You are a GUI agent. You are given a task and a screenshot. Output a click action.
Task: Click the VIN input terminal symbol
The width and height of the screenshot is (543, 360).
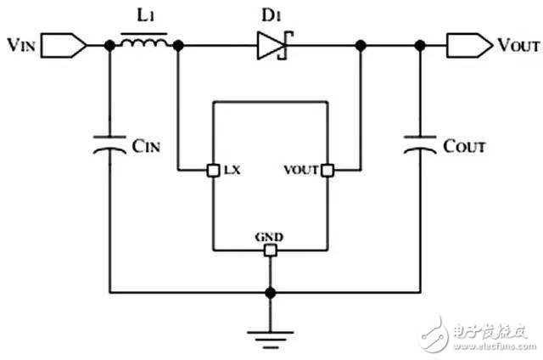point(64,45)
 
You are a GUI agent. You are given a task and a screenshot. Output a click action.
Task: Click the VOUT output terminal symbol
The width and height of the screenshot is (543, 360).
point(469,45)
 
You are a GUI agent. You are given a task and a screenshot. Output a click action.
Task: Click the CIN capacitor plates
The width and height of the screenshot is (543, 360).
point(109,145)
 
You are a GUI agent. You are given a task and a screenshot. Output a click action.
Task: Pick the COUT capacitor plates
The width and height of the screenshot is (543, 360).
point(420,145)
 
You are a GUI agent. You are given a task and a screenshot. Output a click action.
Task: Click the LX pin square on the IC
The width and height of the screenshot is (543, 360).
point(213,171)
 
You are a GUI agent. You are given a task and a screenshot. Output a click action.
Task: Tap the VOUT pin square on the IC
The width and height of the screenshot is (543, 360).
point(327,171)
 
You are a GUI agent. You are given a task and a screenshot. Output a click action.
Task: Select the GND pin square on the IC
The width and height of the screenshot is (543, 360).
point(270,250)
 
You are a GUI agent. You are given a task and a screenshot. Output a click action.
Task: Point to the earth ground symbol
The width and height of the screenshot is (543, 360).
point(270,340)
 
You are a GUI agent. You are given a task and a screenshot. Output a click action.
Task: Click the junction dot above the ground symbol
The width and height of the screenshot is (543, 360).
point(270,293)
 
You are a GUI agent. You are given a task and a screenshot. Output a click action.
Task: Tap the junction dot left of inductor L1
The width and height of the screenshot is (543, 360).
point(109,45)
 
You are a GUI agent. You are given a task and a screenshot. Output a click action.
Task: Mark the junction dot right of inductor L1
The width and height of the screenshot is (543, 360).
point(178,45)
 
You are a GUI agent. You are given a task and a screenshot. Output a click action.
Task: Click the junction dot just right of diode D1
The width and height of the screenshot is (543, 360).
point(361,45)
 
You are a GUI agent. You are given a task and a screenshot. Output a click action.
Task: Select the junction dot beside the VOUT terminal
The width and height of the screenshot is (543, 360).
point(420,45)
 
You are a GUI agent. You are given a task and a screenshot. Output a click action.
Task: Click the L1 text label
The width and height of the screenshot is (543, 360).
point(146,15)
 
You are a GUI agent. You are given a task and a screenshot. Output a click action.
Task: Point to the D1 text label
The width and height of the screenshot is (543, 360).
point(271,15)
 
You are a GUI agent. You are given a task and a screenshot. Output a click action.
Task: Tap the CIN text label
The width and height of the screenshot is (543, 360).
point(146,146)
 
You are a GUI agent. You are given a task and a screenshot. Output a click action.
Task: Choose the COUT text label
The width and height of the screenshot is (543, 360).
point(464,146)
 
